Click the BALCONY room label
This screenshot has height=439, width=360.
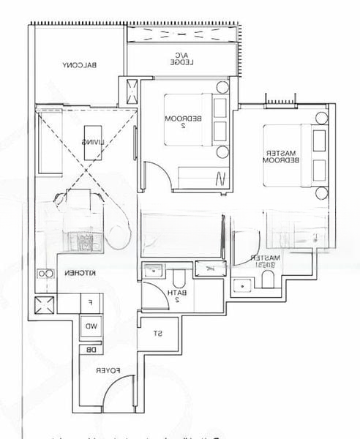tap(80, 65)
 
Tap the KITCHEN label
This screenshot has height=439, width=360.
tap(78, 272)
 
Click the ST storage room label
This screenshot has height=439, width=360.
tap(157, 334)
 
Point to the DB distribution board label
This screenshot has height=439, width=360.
tap(91, 349)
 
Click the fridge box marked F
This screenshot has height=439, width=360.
tap(90, 302)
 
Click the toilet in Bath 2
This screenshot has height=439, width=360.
tap(178, 279)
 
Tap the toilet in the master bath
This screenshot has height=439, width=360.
tap(267, 282)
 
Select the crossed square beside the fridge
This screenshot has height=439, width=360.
tap(43, 303)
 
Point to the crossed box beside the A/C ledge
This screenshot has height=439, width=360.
tap(132, 91)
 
